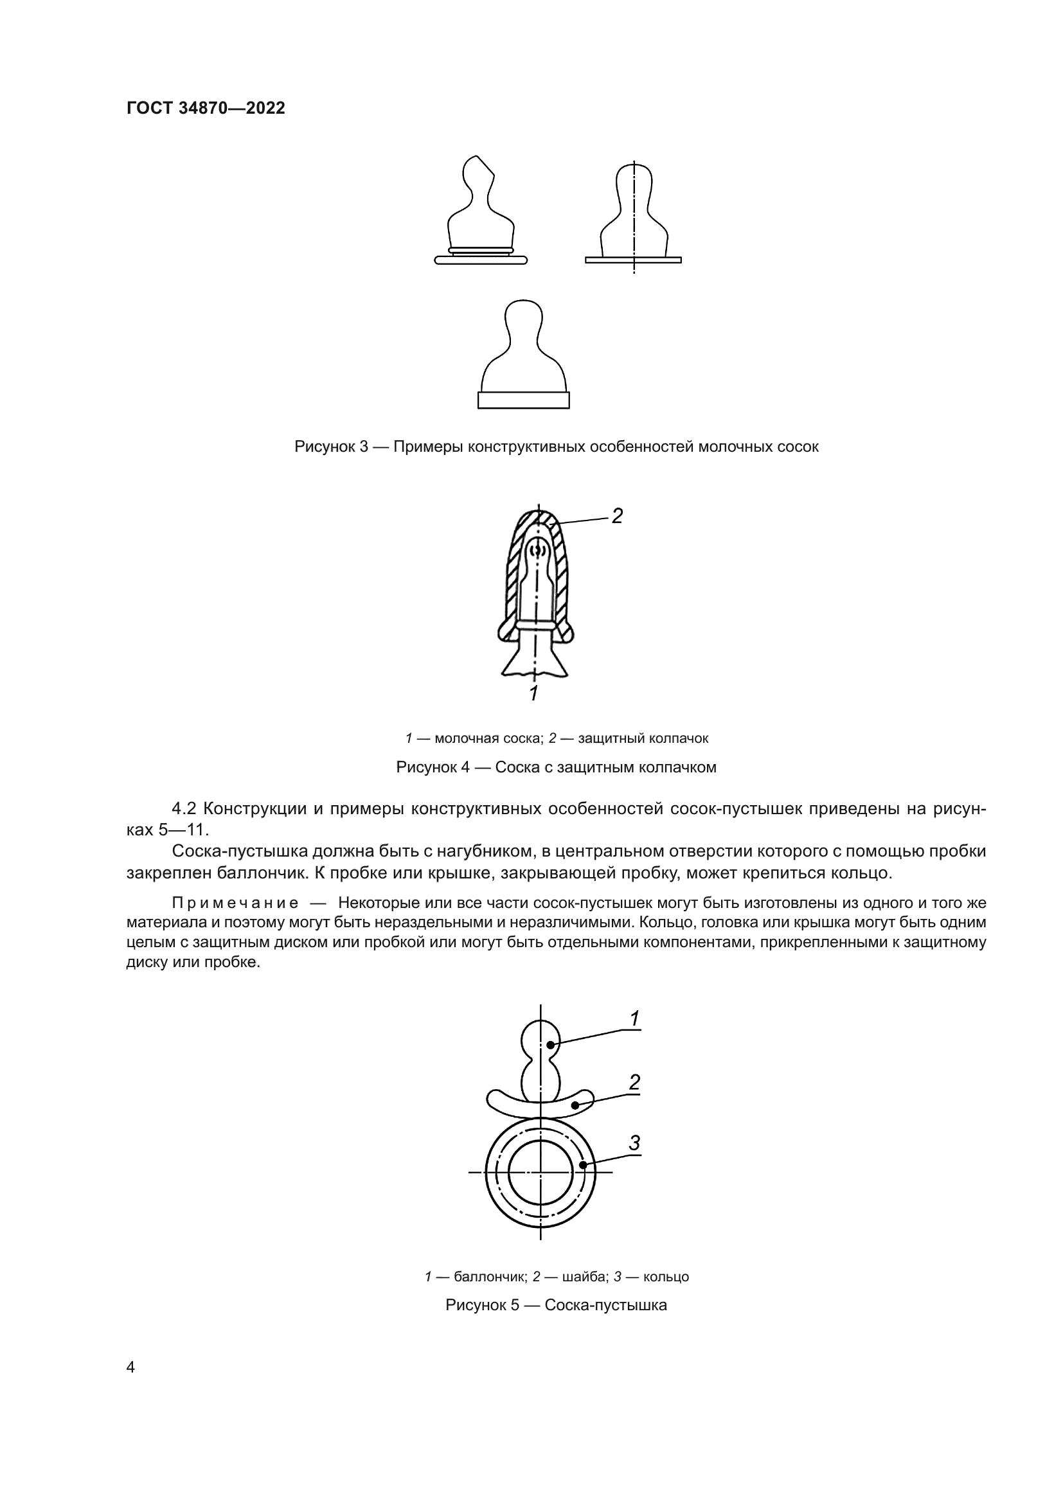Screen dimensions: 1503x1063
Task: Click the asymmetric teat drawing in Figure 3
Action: pyautogui.click(x=481, y=209)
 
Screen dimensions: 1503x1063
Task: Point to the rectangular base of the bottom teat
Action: pyautogui.click(x=523, y=400)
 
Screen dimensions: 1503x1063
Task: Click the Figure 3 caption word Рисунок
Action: pyautogui.click(x=325, y=447)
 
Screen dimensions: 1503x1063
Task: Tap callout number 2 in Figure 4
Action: pyautogui.click(x=616, y=516)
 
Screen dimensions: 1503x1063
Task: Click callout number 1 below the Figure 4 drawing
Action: pyautogui.click(x=533, y=694)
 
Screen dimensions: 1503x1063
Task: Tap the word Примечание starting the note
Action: pyautogui.click(x=235, y=903)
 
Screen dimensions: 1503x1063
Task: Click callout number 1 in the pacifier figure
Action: pyautogui.click(x=634, y=1018)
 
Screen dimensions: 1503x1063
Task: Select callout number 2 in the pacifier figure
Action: pyautogui.click(x=634, y=1083)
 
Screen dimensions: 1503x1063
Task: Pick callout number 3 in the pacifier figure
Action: pyautogui.click(x=634, y=1143)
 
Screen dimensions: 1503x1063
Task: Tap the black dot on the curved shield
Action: pyautogui.click(x=575, y=1106)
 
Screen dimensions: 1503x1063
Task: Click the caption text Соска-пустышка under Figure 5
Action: pyautogui.click(x=605, y=1305)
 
